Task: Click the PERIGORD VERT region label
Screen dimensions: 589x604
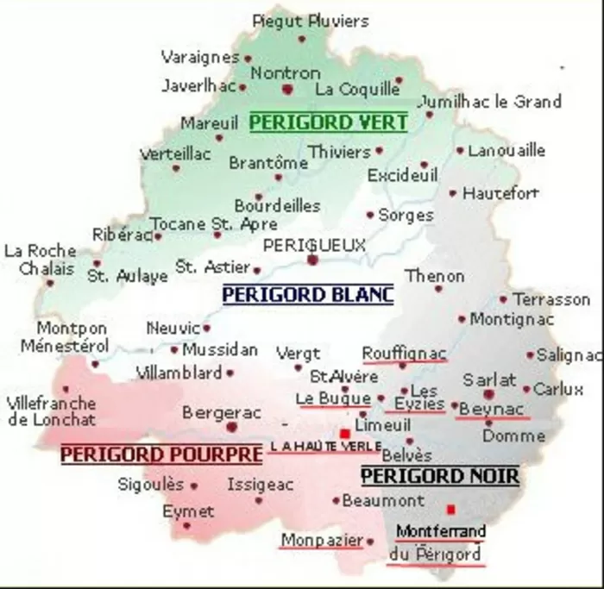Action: (328, 122)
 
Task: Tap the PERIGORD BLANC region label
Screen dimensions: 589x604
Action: (308, 295)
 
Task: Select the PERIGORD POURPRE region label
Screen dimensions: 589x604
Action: (161, 453)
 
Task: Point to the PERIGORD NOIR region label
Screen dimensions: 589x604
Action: (439, 475)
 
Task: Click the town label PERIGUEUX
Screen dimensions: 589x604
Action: (314, 246)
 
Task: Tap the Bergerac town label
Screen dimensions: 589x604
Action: (222, 413)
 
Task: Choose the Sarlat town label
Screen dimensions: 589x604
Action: (489, 379)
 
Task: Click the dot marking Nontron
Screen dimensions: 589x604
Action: (287, 88)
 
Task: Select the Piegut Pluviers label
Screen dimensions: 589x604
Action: (311, 21)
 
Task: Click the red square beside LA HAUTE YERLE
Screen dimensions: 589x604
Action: (344, 433)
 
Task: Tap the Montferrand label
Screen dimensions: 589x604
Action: (440, 531)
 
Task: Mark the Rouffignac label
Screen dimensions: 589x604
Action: (404, 353)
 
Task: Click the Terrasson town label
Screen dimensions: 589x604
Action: (551, 299)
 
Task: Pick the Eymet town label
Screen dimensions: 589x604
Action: (188, 511)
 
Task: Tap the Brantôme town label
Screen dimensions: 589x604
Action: (268, 162)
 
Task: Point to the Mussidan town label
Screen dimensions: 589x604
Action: (220, 350)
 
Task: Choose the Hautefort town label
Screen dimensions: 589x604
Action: (500, 193)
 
